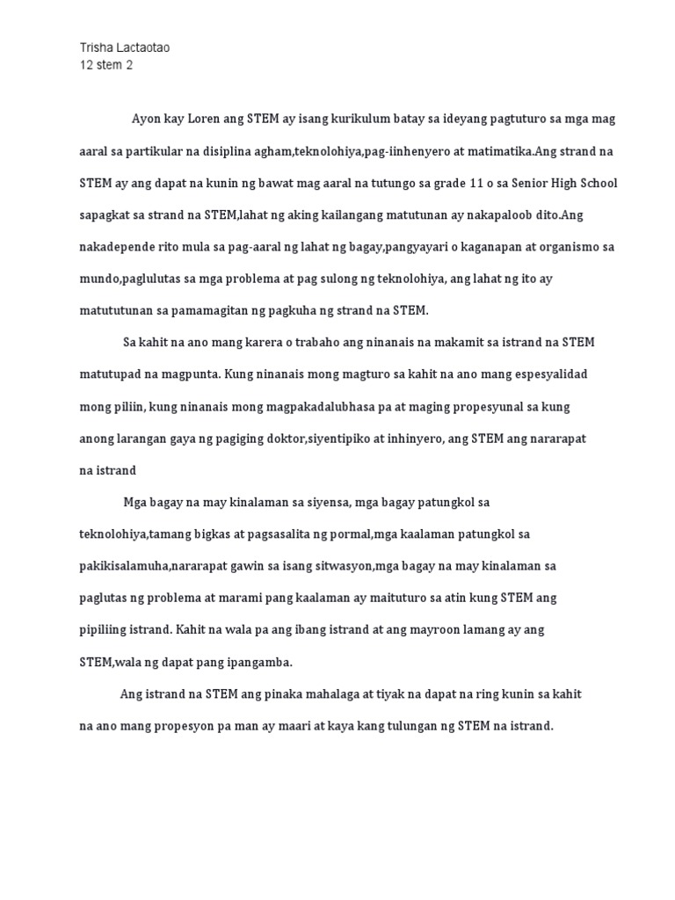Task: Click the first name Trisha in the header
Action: [x=95, y=47]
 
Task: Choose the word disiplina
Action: [x=244, y=151]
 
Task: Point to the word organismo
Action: [x=562, y=247]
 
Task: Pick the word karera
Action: [x=254, y=342]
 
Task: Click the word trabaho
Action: [x=309, y=342]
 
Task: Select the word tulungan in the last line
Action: [x=407, y=727]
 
